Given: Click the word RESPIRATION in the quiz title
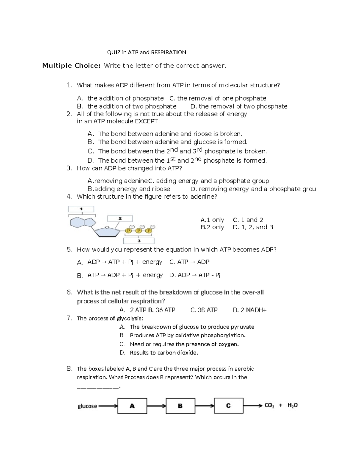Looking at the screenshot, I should pos(168,53).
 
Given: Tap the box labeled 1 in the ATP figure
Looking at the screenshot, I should pos(81,209).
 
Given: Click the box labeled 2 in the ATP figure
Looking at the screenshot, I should pos(120,219).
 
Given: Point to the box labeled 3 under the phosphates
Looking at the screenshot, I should pos(139,241).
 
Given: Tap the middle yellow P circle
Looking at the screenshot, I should pos(139,231).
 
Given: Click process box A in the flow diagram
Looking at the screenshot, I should pos(132,406).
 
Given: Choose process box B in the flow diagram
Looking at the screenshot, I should pos(180,406).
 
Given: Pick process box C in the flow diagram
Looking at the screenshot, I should pos(229,406).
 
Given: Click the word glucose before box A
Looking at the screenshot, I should pos(87,406).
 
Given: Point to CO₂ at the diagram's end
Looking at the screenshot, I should pos(269,406).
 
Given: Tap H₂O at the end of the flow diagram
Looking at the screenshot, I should pos(292,405).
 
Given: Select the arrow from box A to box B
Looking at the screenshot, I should pos(156,406).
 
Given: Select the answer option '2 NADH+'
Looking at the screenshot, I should pos(250,310).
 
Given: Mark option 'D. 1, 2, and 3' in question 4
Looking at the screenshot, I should pos(253,227).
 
